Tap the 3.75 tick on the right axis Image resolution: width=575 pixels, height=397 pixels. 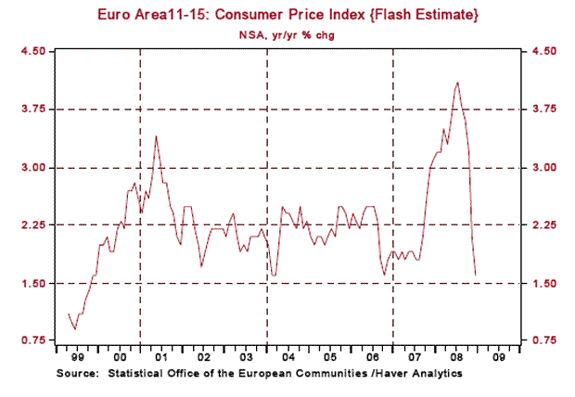pyautogui.click(x=543, y=109)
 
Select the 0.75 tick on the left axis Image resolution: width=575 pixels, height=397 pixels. pyautogui.click(x=33, y=340)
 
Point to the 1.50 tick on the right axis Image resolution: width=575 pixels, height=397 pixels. pyautogui.click(x=543, y=283)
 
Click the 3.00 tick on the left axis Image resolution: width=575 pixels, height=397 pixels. pyautogui.click(x=33, y=167)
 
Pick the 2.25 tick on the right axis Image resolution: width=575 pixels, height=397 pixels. pyautogui.click(x=543, y=224)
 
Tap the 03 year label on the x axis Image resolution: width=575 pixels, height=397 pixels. pyautogui.click(x=245, y=356)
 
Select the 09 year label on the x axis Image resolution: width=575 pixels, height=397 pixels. pyautogui.click(x=499, y=356)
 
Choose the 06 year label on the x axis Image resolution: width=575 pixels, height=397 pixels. pyautogui.click(x=372, y=356)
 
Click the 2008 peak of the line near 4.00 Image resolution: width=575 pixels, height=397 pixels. pyautogui.click(x=457, y=83)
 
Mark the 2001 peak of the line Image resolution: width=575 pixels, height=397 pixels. pyautogui.click(x=156, y=136)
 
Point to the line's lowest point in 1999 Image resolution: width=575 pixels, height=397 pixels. pyautogui.click(x=74, y=328)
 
